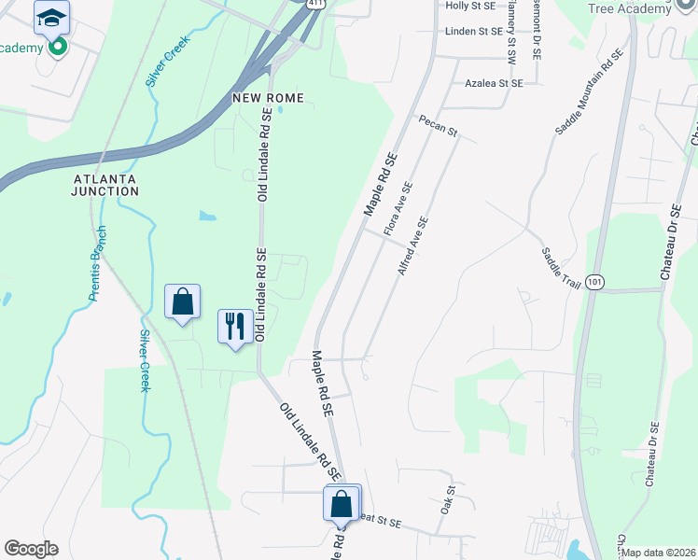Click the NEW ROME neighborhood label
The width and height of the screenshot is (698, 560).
[269, 98]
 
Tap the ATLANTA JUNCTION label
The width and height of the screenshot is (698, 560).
[105, 184]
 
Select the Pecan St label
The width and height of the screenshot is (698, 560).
[438, 126]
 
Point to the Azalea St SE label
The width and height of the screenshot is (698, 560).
[494, 83]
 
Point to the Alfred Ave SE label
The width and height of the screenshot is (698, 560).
[412, 245]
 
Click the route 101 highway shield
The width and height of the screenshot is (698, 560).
[596, 281]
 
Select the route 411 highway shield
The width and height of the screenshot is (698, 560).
[320, 4]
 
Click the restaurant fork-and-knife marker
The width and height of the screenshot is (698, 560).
[234, 326]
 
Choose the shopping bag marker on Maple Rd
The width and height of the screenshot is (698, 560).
[342, 503]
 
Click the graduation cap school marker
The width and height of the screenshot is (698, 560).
[52, 16]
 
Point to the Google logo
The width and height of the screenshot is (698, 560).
[31, 549]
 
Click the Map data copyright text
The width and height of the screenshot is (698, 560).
[658, 553]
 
